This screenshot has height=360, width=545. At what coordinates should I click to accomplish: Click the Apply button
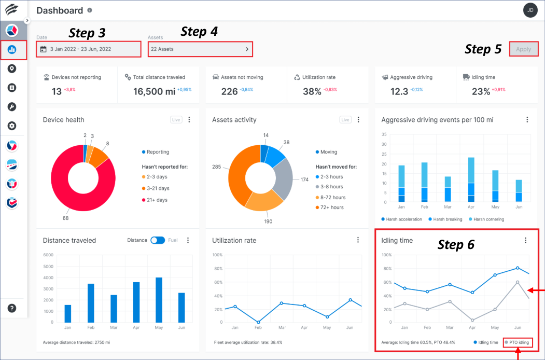point(523,49)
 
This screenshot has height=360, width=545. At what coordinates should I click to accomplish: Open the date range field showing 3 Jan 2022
point(88,49)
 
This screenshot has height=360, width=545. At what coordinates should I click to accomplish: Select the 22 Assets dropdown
point(200,49)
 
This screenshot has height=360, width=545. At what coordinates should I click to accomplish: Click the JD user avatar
point(530,10)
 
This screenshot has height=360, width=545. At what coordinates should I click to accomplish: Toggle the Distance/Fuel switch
point(158,240)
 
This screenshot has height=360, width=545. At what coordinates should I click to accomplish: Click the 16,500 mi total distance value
point(155,92)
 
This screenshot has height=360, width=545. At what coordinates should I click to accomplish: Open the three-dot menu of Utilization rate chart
point(358,240)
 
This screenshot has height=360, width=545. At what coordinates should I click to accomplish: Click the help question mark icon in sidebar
point(12,308)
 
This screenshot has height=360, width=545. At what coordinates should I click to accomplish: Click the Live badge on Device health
point(176,120)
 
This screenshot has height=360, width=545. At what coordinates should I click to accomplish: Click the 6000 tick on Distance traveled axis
point(48,255)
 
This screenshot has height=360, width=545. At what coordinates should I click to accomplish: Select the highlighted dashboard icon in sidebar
point(12,50)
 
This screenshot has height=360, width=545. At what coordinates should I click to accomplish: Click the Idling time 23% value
point(481,92)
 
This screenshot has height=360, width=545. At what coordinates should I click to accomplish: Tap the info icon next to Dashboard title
point(90,10)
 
